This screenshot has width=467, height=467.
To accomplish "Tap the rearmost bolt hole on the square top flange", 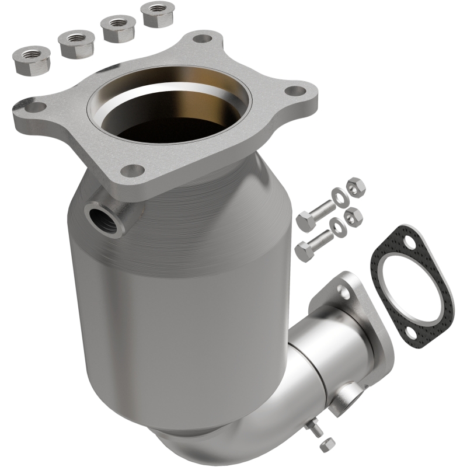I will coord(202,39).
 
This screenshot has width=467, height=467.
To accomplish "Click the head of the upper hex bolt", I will coord(306,221).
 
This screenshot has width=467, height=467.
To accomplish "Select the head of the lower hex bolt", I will coord(305,250).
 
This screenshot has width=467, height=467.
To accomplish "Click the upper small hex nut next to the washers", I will coord(356,187).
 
